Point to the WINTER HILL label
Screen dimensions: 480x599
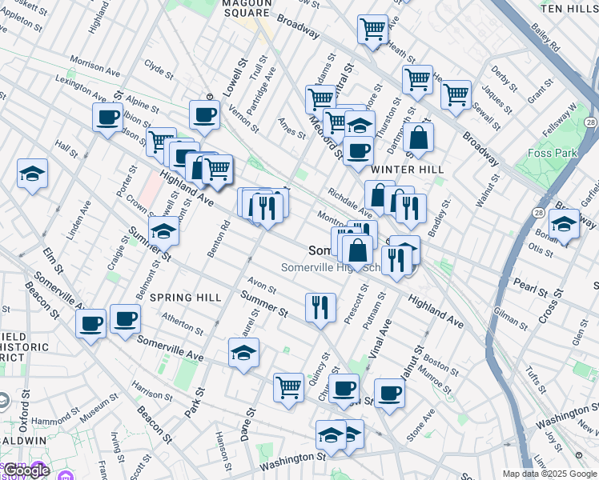[408, 170]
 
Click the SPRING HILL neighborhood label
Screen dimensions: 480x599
[186, 298]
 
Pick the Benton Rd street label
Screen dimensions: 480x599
[213, 239]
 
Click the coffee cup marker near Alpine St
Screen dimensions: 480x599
[107, 118]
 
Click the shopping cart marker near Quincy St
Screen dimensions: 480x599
[288, 387]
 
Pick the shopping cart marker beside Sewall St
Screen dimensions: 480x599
[456, 94]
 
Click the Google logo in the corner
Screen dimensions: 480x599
[26, 470]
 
